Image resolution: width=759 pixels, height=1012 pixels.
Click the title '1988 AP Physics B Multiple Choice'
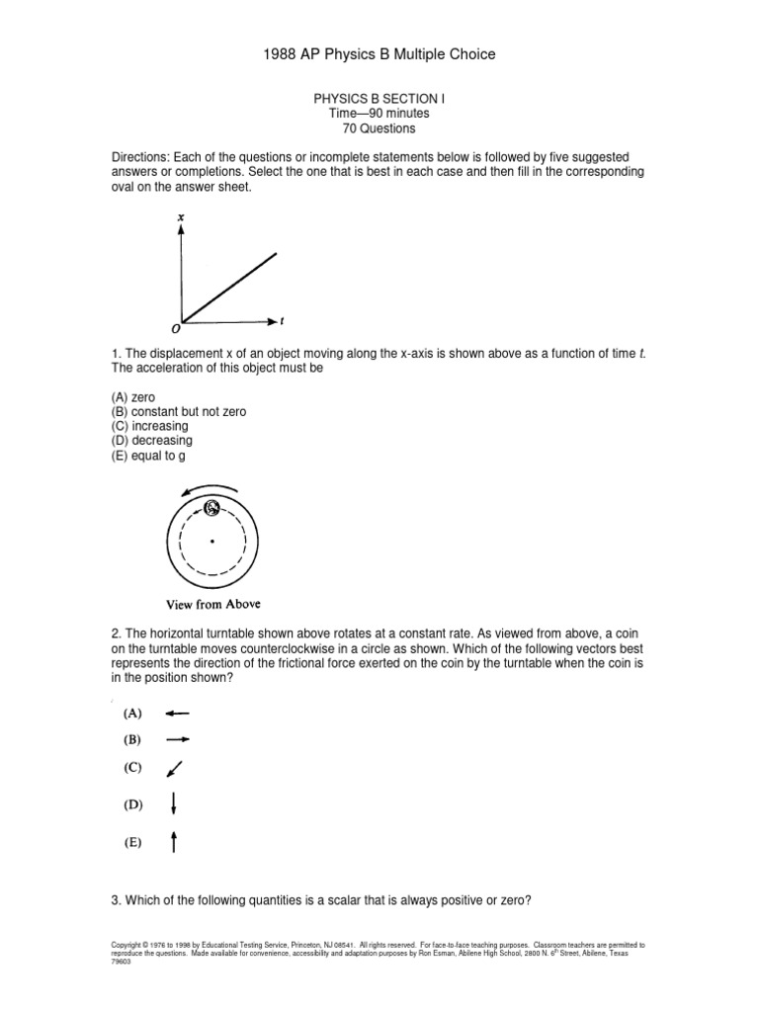[x=379, y=54]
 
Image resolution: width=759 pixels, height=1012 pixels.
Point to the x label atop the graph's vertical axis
[x=180, y=215]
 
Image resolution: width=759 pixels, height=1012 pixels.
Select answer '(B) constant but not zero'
[x=178, y=412]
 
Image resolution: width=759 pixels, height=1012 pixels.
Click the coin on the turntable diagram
[x=211, y=508]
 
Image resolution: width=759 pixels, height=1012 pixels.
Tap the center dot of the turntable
[x=211, y=541]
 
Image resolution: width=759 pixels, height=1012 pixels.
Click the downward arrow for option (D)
[x=174, y=803]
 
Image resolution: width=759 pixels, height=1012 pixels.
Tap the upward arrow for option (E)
[x=174, y=842]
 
